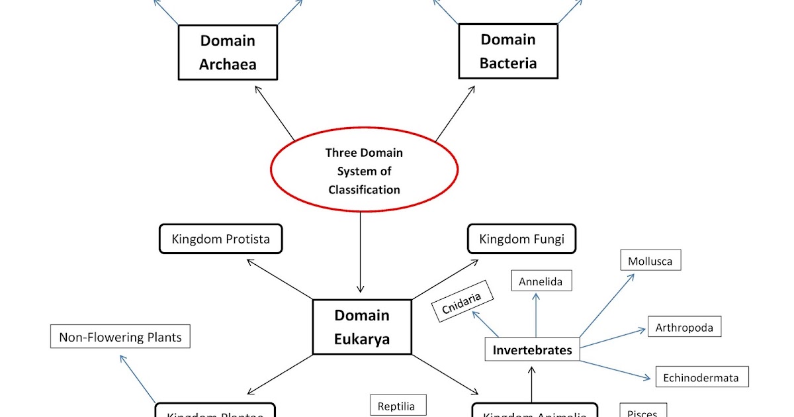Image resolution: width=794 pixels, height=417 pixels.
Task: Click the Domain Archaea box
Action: (228, 52)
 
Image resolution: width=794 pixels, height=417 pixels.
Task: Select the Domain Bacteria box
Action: (507, 51)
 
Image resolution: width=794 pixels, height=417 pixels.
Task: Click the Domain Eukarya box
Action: (361, 327)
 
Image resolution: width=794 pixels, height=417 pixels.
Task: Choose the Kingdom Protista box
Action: (220, 239)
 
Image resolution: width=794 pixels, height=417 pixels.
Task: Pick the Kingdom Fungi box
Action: (521, 239)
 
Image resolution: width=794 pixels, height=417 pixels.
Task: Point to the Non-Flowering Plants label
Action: (120, 337)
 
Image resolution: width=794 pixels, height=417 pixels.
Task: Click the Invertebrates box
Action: (532, 349)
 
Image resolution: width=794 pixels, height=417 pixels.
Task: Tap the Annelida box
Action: (541, 281)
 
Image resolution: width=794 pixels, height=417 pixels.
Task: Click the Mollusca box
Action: (650, 261)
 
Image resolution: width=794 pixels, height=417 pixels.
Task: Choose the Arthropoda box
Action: (684, 327)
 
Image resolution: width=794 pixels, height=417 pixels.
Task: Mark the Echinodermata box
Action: (701, 377)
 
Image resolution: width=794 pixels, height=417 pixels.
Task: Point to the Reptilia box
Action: (396, 406)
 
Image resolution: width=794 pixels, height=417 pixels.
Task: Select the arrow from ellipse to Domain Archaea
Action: (274, 112)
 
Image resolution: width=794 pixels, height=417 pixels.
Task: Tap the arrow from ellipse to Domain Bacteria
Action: (455, 112)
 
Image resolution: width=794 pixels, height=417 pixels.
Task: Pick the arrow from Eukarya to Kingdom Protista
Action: (279, 279)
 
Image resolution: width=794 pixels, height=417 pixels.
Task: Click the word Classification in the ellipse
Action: (364, 189)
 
